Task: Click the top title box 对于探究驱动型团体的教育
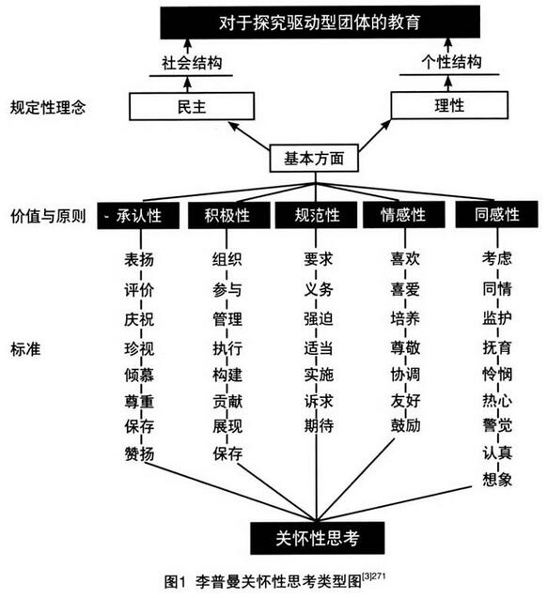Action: point(320,22)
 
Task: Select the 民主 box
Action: point(192,106)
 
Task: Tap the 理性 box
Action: point(449,105)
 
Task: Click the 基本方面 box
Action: point(314,158)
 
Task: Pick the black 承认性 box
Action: point(138,216)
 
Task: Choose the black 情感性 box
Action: point(403,215)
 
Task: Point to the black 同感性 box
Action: point(496,214)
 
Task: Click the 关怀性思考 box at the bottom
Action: point(318,538)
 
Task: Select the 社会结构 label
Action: point(192,63)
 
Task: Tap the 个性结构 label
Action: point(451,62)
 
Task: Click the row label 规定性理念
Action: point(48,107)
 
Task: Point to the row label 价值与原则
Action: point(48,216)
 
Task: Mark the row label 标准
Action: point(25,349)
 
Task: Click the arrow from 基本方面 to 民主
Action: point(248,135)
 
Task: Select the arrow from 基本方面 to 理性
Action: point(375,135)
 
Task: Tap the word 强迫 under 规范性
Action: point(319,318)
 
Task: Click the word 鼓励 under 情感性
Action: point(405,425)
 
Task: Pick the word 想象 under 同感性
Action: point(497,480)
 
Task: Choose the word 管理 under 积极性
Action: point(227,319)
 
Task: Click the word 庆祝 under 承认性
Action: point(139,319)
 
